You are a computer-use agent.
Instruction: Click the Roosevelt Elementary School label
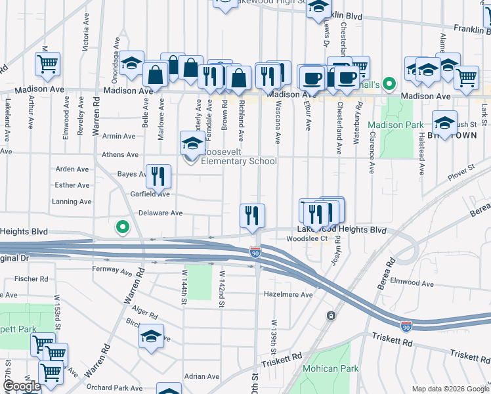[x=239, y=161]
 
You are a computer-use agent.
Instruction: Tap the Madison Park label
[x=395, y=125]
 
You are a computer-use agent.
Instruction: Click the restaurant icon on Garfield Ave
[x=158, y=176]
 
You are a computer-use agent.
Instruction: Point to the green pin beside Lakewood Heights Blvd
[x=121, y=227]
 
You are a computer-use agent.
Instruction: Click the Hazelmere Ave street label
[x=288, y=295]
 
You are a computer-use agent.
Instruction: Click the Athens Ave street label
[x=120, y=155]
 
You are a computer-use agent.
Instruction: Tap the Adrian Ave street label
[x=202, y=376]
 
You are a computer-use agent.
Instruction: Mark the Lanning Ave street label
[x=71, y=202]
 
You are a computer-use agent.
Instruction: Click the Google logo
[x=22, y=386]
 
